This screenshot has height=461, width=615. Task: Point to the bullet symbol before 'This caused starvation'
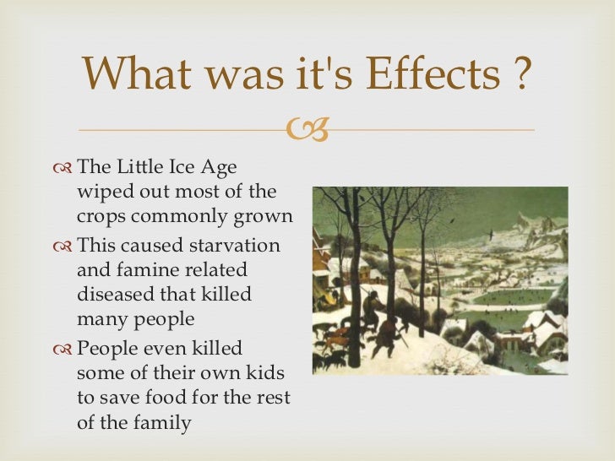[61, 246]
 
